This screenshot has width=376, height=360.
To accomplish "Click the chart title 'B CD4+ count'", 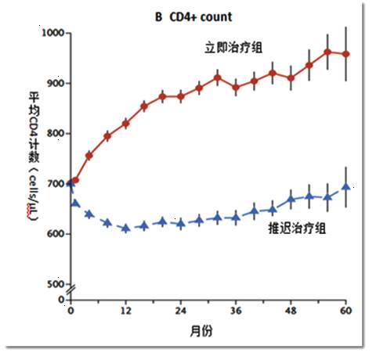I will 193,16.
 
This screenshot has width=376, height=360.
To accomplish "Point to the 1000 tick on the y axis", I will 53,33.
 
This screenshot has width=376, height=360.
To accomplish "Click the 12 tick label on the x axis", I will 126,309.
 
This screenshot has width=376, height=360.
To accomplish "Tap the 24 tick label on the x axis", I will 181,309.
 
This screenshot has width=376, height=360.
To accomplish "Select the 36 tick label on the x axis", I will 237,309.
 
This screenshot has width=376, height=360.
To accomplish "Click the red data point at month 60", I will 346,54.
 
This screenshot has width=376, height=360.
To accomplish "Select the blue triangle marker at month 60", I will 346,187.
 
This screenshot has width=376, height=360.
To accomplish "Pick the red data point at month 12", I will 126,124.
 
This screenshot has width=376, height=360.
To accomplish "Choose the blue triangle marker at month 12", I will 126,228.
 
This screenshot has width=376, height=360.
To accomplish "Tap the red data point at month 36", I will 236,87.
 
